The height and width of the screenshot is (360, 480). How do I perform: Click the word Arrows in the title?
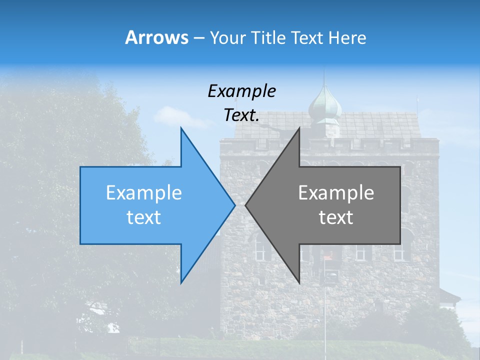156,37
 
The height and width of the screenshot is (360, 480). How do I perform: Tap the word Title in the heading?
269,38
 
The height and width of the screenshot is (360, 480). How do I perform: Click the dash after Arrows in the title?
198,38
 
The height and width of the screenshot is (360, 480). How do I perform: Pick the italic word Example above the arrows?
241,91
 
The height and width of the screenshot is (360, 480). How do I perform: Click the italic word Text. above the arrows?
241,115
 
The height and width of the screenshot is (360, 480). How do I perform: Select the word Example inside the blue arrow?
144,193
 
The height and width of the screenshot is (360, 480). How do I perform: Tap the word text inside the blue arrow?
144,217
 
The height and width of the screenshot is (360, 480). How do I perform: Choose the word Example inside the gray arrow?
336,193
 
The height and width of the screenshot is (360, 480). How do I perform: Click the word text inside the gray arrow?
336,217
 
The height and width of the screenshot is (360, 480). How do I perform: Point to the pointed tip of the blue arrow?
234,204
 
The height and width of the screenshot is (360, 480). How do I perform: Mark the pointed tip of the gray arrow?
246,204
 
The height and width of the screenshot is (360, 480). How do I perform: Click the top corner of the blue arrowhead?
181,128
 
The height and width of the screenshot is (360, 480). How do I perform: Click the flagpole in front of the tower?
324,310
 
